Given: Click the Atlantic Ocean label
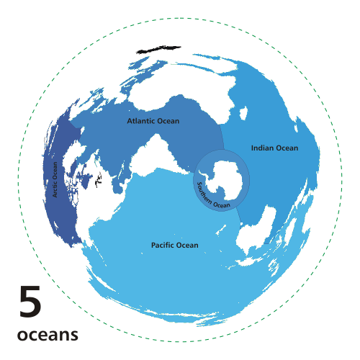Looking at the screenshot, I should point(153,121).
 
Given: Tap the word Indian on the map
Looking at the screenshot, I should point(261,148).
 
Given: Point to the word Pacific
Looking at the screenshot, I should point(163,246).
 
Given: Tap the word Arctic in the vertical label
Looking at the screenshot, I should point(55,188).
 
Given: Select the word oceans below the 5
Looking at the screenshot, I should point(47,336).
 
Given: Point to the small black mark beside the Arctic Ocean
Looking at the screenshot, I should point(99,180).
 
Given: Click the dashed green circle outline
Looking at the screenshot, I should point(180,19).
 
